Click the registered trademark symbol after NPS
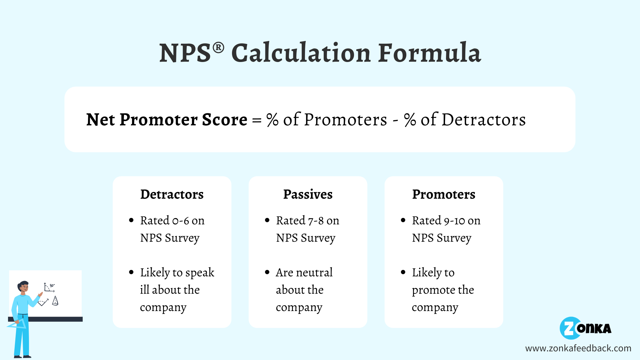coord(218,48)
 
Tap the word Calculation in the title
coord(301,53)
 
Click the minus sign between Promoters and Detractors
coord(396,120)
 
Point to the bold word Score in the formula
coord(225,120)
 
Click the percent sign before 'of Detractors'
coord(410,120)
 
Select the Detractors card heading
coord(172,194)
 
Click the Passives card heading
coord(308,194)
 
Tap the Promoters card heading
coord(444,194)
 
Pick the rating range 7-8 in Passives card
coord(316,221)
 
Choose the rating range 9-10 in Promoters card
coord(454,221)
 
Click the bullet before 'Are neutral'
coord(267,272)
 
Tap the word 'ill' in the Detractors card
coord(144,290)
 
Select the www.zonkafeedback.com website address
coord(578,348)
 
